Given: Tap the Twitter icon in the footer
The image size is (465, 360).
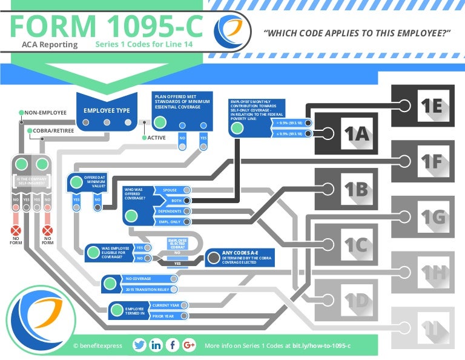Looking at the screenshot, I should [139, 345].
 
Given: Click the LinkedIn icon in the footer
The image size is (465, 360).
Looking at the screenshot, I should [156, 345].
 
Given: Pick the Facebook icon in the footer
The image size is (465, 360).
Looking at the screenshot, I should [173, 345].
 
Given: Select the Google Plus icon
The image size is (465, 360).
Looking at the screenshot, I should [189, 345].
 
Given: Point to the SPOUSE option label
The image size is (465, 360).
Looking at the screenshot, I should [170, 190].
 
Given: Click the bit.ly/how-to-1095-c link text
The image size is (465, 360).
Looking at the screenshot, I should [320, 345].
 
